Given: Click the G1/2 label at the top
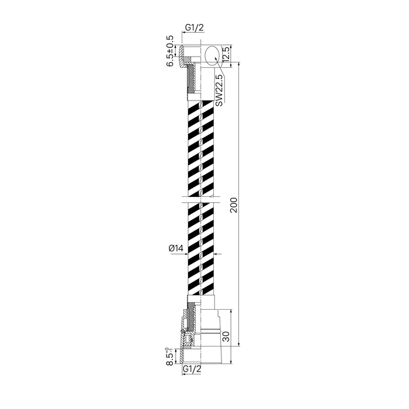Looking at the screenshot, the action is [x=194, y=27].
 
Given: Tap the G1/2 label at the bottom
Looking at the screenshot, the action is [x=192, y=369].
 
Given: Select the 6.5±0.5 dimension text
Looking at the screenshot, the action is [x=170, y=51].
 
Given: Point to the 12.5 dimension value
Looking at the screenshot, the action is [x=226, y=54].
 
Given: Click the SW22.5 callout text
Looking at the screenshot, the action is [x=220, y=90].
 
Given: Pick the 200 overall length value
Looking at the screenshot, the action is [x=234, y=204].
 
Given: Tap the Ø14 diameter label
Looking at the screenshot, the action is [x=176, y=248].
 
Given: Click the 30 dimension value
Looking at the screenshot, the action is [x=226, y=336].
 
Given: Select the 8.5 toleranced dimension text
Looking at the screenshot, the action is [x=169, y=356].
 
